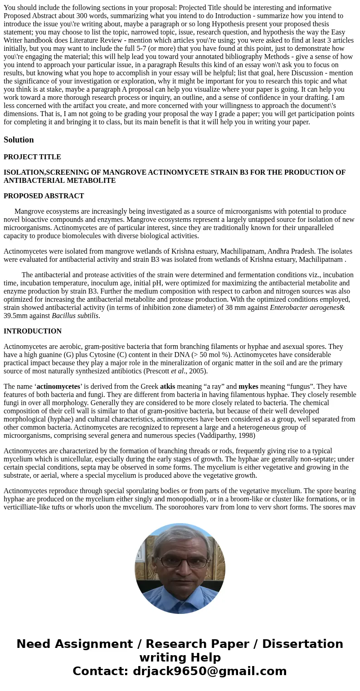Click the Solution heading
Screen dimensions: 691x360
tap(19, 140)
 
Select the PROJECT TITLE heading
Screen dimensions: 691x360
tap(32, 157)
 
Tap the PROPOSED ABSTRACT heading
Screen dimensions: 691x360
tap(44, 196)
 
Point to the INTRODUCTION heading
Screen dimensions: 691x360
tap(33, 331)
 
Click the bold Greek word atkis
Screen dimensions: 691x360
tap(167, 387)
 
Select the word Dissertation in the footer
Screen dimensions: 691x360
tap(302, 644)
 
